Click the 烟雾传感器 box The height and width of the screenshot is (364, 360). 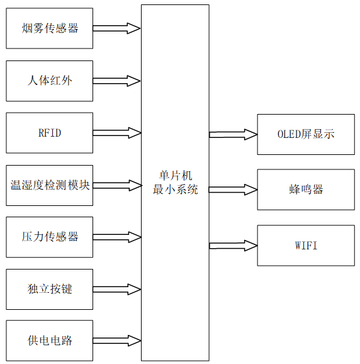click(50, 28)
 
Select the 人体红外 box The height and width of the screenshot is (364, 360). click(50, 81)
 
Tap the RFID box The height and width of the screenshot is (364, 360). click(50, 133)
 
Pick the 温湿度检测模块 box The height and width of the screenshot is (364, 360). click(50, 185)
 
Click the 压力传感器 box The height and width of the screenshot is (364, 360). click(50, 237)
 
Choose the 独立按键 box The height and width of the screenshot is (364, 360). click(50, 289)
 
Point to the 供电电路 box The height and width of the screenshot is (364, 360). click(50, 341)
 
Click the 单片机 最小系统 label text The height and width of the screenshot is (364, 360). click(175, 183)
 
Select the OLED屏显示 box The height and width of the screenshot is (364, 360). click(306, 134)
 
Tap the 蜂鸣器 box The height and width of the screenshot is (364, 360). click(306, 190)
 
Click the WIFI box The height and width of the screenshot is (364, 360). click(306, 245)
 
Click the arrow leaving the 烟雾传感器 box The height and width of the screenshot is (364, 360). click(117, 28)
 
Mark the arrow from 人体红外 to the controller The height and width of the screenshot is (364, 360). click(117, 81)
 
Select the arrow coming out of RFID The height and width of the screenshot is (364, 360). click(117, 133)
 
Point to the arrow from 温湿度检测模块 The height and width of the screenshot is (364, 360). click(117, 185)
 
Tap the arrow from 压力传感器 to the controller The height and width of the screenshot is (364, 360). click(117, 237)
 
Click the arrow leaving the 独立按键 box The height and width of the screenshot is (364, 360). click(117, 289)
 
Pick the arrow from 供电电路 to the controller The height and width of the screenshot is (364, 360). click(117, 341)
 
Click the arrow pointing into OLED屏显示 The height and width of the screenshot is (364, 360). click(233, 134)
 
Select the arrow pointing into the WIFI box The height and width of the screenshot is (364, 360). click(233, 245)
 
